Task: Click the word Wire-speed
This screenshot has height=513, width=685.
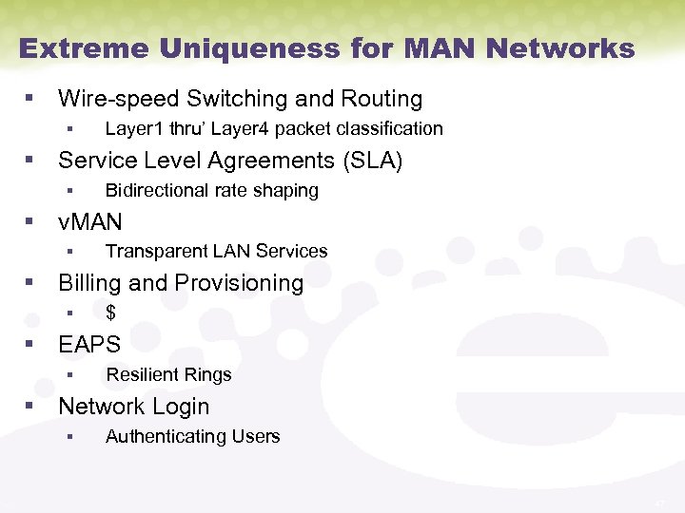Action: pos(119,99)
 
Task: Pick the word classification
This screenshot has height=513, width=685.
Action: pos(392,128)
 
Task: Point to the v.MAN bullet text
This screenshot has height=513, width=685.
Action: pos(90,222)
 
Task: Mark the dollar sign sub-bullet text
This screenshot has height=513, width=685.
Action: pos(110,313)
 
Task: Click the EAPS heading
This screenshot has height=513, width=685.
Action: pos(89,344)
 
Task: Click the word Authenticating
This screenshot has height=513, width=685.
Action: pos(160,437)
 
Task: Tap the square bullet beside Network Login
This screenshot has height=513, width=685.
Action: pos(30,406)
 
